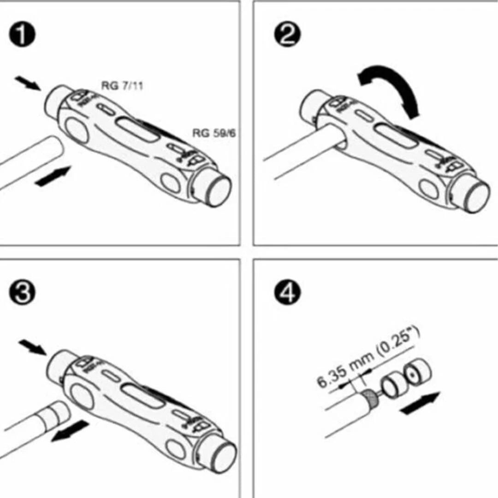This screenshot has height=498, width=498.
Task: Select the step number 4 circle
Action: pyautogui.click(x=287, y=294)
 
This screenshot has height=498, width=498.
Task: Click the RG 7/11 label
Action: pyautogui.click(x=122, y=86)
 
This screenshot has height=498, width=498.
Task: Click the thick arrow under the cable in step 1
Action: pyautogui.click(x=53, y=177)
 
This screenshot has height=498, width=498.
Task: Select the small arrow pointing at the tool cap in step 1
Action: pyautogui.click(x=28, y=83)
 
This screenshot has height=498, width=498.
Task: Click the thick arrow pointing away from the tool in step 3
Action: pyautogui.click(x=69, y=431)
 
